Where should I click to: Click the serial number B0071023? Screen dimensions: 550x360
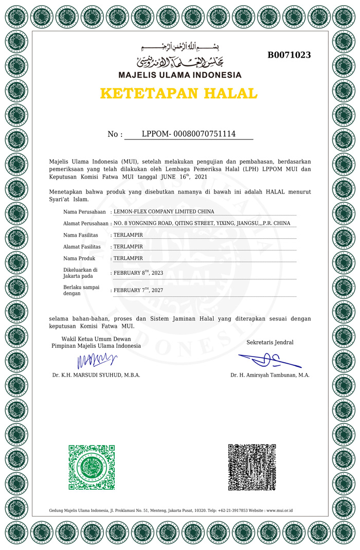[x=289, y=55]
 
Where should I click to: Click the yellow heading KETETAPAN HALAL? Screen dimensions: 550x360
[x=178, y=94]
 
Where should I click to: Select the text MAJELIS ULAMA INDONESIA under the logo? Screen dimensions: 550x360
[x=179, y=75]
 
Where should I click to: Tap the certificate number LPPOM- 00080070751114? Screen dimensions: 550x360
[x=188, y=134]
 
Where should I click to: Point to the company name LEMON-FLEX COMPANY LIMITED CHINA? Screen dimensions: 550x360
[x=164, y=211]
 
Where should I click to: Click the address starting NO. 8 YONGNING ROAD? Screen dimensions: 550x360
[x=202, y=223]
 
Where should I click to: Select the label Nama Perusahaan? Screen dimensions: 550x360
[x=84, y=211]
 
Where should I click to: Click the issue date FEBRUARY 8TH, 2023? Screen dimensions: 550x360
[x=138, y=273]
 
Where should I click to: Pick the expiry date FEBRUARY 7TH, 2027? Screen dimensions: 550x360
[x=138, y=290]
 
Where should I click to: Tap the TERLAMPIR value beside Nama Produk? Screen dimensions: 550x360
[x=128, y=258]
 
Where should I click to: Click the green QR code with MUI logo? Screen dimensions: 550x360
[x=92, y=467]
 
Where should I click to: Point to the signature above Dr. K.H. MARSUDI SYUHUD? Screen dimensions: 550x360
[x=96, y=361]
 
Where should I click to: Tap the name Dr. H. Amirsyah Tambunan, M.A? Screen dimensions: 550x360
[x=270, y=375]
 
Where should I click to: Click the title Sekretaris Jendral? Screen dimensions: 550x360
[x=270, y=342]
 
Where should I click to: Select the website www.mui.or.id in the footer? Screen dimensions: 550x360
[x=280, y=510]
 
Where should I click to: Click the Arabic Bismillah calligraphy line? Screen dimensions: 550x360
[x=179, y=48]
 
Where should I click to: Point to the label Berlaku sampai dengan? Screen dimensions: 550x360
[x=81, y=290]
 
